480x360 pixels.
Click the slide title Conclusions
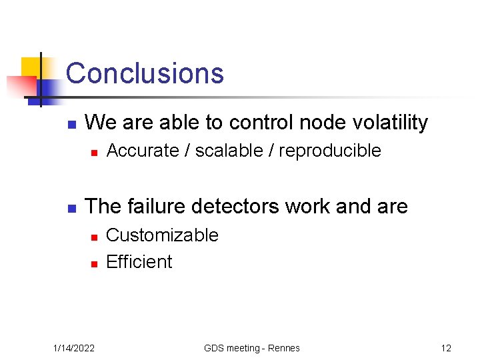[145, 73]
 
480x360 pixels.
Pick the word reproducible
[329, 151]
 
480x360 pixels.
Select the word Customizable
[162, 235]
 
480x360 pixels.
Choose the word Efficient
[139, 262]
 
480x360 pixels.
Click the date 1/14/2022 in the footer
[73, 348]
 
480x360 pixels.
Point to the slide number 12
[446, 348]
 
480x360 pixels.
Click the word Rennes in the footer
[284, 348]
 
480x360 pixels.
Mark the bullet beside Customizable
[94, 237]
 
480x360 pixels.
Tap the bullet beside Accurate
[94, 153]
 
